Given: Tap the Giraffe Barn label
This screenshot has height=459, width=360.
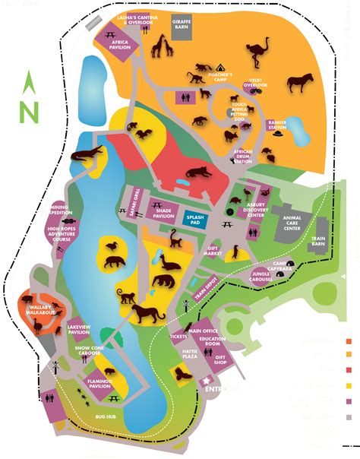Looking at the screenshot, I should [x=182, y=23].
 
